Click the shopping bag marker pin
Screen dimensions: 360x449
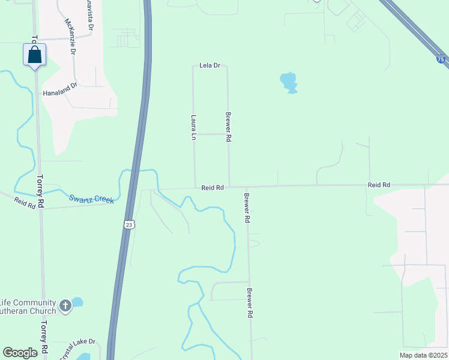pyautogui.click(x=35, y=55)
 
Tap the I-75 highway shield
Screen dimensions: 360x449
pyautogui.click(x=441, y=59)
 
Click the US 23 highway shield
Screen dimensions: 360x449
pyautogui.click(x=129, y=224)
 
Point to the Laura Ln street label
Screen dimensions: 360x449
pyautogui.click(x=193, y=128)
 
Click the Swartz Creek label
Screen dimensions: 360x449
pyautogui.click(x=91, y=199)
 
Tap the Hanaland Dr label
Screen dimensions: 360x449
pyautogui.click(x=60, y=89)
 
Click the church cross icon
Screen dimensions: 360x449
pyautogui.click(x=65, y=307)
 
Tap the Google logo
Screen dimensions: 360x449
pyautogui.click(x=20, y=353)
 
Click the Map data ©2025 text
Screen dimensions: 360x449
pyautogui.click(x=423, y=355)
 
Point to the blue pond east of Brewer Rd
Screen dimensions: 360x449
pyautogui.click(x=289, y=82)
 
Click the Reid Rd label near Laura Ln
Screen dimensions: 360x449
pyautogui.click(x=212, y=188)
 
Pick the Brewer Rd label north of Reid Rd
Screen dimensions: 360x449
pyautogui.click(x=228, y=127)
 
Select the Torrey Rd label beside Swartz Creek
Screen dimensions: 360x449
pyautogui.click(x=41, y=191)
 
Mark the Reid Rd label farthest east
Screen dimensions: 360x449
pyautogui.click(x=379, y=185)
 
